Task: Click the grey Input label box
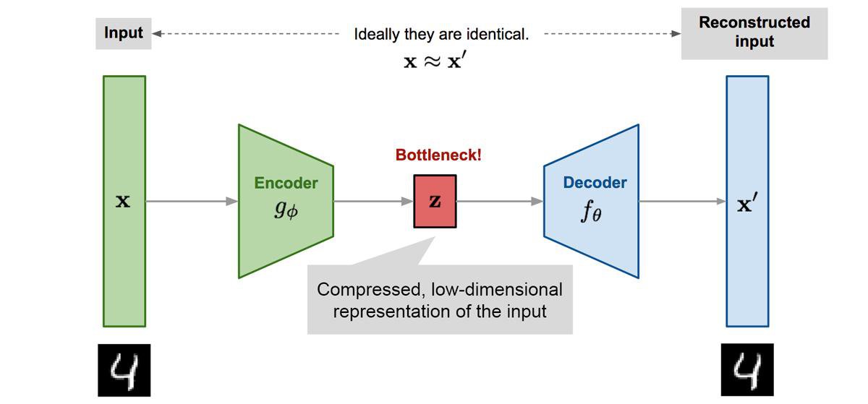point(124,33)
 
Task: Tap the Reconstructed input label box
point(754,33)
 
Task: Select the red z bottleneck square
point(435,202)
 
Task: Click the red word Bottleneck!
point(438,155)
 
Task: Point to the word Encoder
point(286,183)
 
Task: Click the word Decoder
point(595,183)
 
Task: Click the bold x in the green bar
point(124,202)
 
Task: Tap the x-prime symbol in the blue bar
point(746,205)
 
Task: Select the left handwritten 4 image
point(124,370)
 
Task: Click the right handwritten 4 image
point(746,370)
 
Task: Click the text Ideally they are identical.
point(441,34)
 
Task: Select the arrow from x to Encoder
point(192,202)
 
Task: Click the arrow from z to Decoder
point(500,202)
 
